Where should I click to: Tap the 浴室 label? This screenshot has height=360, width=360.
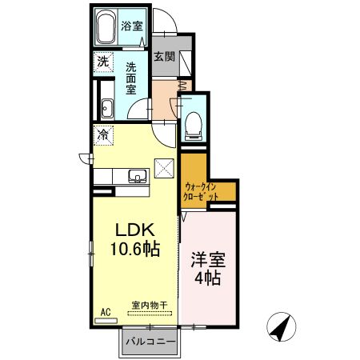click(x=132, y=26)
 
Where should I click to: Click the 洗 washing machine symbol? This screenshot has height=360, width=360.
click(x=103, y=62)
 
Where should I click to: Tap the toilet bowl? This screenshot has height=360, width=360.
click(x=193, y=121)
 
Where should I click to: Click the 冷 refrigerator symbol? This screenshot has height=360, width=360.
click(x=103, y=136)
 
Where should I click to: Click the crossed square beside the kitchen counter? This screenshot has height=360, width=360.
click(x=165, y=169)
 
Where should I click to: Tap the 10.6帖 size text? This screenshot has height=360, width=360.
click(x=133, y=248)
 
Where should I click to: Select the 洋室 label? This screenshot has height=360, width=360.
click(x=206, y=261)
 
